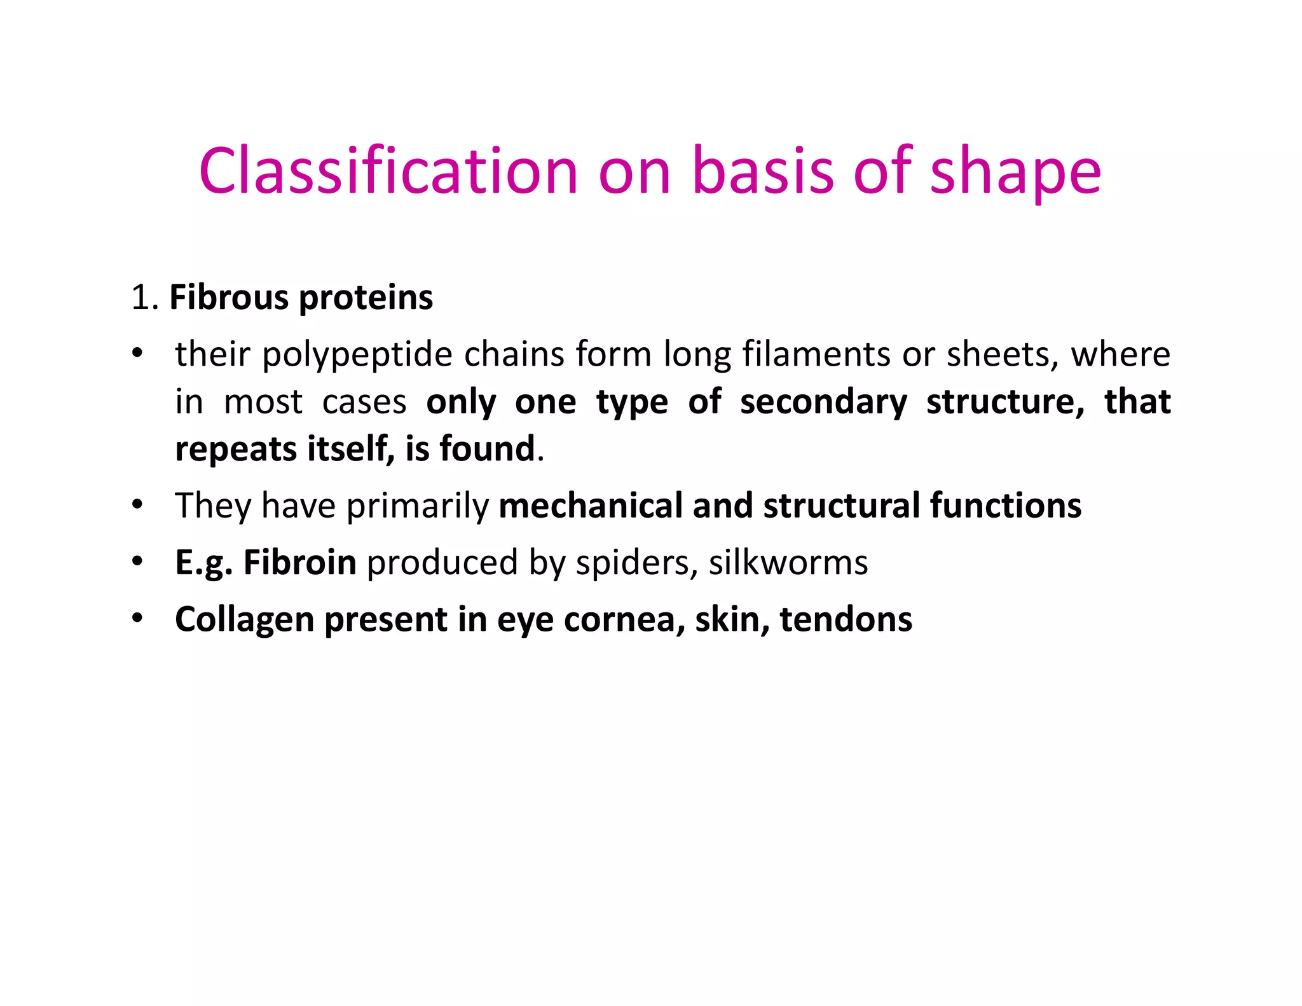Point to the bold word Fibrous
point(229,298)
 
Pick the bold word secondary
point(823,403)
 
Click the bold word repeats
point(236,450)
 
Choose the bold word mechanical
point(591,506)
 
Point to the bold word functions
point(1006,506)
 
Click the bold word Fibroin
point(299,563)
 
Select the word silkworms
point(788,563)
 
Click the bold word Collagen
point(244,620)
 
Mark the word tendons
point(846,620)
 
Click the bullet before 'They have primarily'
point(137,506)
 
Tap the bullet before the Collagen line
point(137,619)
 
